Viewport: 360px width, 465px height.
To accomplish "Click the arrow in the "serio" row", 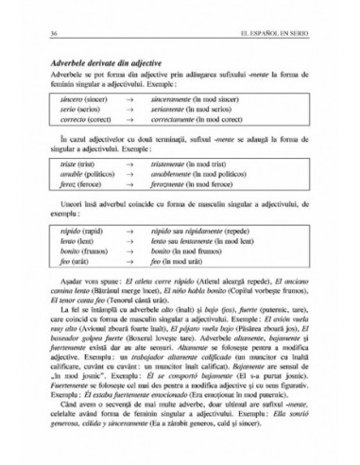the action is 156,110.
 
